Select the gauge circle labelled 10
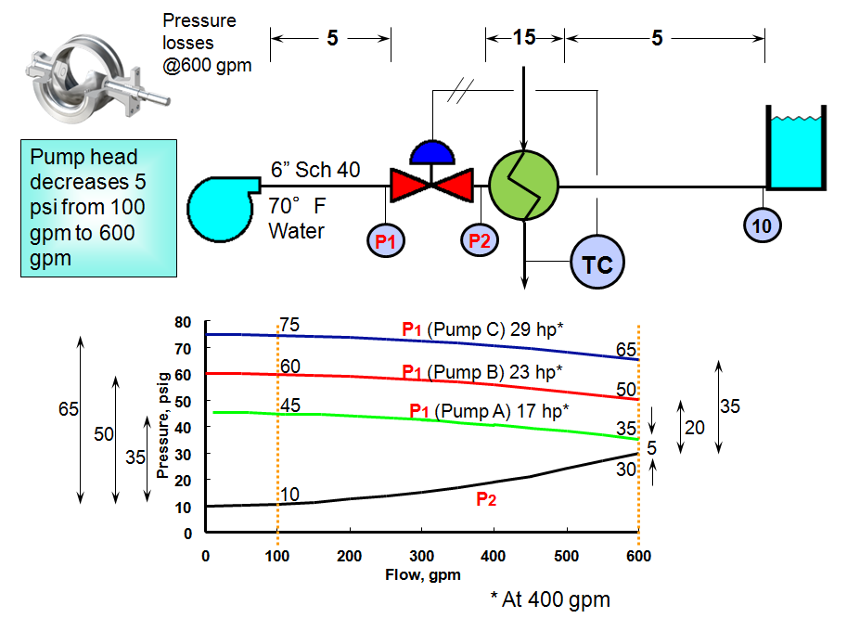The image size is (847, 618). click(x=763, y=223)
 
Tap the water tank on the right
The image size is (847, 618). click(x=794, y=148)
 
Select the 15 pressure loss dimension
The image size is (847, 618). click(x=524, y=38)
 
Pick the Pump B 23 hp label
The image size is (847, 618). click(x=482, y=371)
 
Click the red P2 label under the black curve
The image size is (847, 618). click(x=485, y=499)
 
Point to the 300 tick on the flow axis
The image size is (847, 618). click(x=422, y=555)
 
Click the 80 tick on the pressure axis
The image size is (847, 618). click(x=184, y=322)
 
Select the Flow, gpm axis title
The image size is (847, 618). click(x=422, y=574)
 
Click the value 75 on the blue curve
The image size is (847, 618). click(x=290, y=325)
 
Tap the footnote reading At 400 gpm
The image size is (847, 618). click(x=550, y=599)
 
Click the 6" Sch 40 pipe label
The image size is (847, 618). click(x=314, y=170)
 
